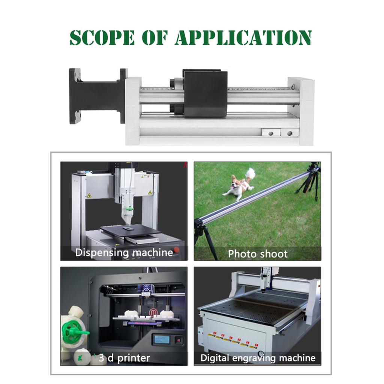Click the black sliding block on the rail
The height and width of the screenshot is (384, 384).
coord(205,94)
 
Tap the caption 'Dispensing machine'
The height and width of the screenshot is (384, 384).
coord(124,252)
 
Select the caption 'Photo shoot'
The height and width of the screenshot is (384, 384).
coord(258,254)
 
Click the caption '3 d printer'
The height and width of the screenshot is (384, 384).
coord(124,358)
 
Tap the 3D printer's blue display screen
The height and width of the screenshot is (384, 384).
coord(162,340)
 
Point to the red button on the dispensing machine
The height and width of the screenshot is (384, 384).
coord(176,250)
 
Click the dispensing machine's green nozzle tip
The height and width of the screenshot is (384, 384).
coord(129,208)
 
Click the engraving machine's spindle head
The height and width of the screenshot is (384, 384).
coord(267,280)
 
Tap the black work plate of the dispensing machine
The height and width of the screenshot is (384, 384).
coord(131,230)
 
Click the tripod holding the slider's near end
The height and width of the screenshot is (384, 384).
coord(204,236)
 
